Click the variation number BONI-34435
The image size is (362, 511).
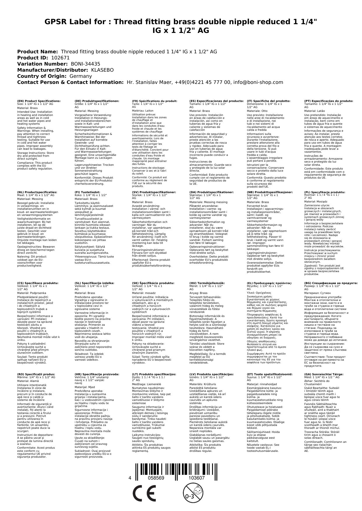point(85,64)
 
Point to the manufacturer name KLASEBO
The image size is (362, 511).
point(102,70)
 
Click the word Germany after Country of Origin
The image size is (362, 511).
point(81,76)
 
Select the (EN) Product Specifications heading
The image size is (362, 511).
point(39,101)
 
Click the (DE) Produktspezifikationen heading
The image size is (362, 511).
point(97,101)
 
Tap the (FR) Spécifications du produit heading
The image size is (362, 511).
point(155,101)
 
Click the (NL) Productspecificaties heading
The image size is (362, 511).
point(37,192)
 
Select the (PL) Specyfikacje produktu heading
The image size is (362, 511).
point(324,192)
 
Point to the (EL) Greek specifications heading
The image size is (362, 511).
point(269,283)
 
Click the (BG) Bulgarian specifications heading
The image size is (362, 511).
point(331,283)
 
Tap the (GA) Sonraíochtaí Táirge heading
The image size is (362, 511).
point(324,374)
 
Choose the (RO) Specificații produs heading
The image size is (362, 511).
point(36,374)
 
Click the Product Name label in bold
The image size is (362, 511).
point(37,52)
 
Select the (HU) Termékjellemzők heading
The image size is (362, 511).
point(207,283)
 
